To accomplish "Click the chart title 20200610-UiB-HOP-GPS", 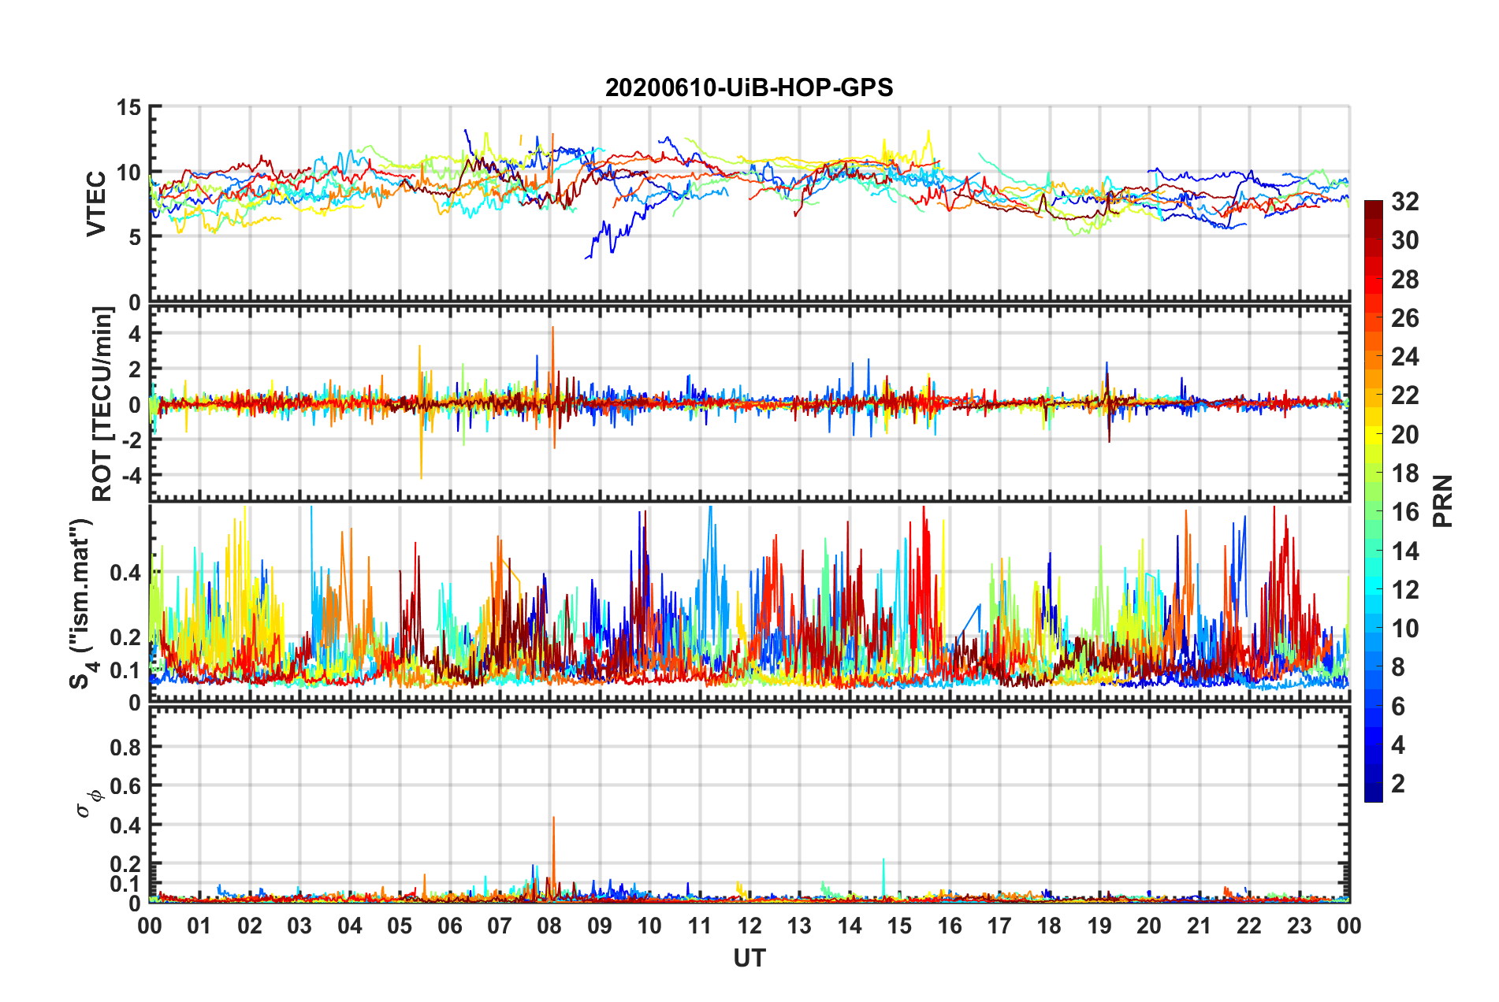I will [x=749, y=87].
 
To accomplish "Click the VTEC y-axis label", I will [x=96, y=204].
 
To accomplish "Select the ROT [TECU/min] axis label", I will [x=102, y=404].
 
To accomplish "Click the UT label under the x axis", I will [x=749, y=958].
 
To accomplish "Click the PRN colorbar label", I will [x=1443, y=501].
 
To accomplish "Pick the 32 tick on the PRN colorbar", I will [x=1404, y=202].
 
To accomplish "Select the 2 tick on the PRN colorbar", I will [x=1398, y=783].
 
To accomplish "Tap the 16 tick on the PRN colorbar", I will [x=1404, y=512].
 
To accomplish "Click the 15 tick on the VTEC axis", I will [x=128, y=107].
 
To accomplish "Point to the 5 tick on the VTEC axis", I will [x=135, y=237].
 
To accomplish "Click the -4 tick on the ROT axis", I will [x=131, y=476].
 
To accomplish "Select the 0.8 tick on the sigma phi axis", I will [x=125, y=747].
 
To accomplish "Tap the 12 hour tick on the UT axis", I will [x=749, y=926].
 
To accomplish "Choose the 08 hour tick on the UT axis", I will [x=549, y=926].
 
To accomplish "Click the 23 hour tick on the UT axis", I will [x=1299, y=926].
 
